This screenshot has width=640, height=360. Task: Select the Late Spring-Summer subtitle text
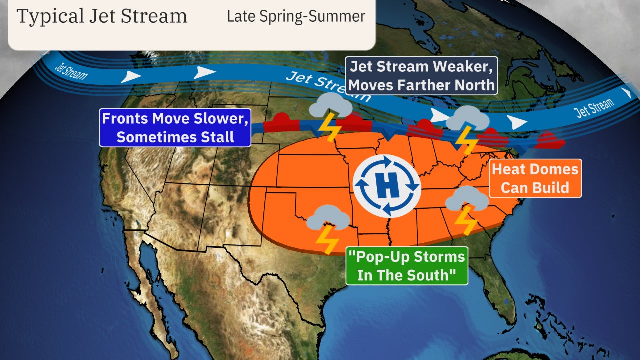tap(296, 16)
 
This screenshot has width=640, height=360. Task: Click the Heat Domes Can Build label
tap(535, 178)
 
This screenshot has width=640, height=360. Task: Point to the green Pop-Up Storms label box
tap(406, 266)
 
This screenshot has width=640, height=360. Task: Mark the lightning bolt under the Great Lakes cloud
tap(467, 140)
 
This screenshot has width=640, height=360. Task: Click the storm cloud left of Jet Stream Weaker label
tap(331, 106)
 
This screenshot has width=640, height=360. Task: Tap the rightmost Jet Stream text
tap(594, 108)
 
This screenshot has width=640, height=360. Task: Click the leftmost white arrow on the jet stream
tap(131, 76)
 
